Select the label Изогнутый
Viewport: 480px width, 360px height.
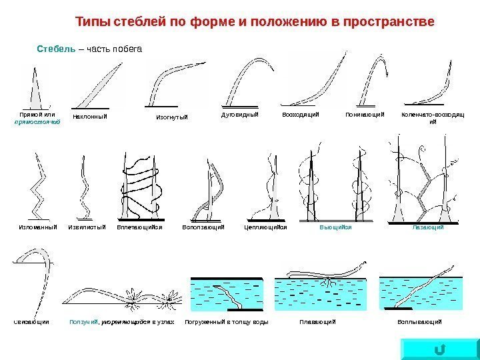click(173, 117)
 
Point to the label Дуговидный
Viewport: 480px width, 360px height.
click(239, 115)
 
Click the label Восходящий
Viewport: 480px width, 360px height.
click(301, 115)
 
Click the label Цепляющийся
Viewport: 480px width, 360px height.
click(265, 227)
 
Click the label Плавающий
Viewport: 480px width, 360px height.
click(318, 322)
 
